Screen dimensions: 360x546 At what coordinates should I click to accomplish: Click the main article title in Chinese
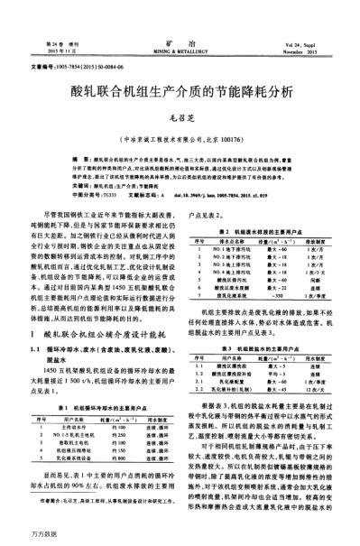point(180,91)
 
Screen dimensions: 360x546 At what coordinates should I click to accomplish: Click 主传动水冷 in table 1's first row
point(69,403)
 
